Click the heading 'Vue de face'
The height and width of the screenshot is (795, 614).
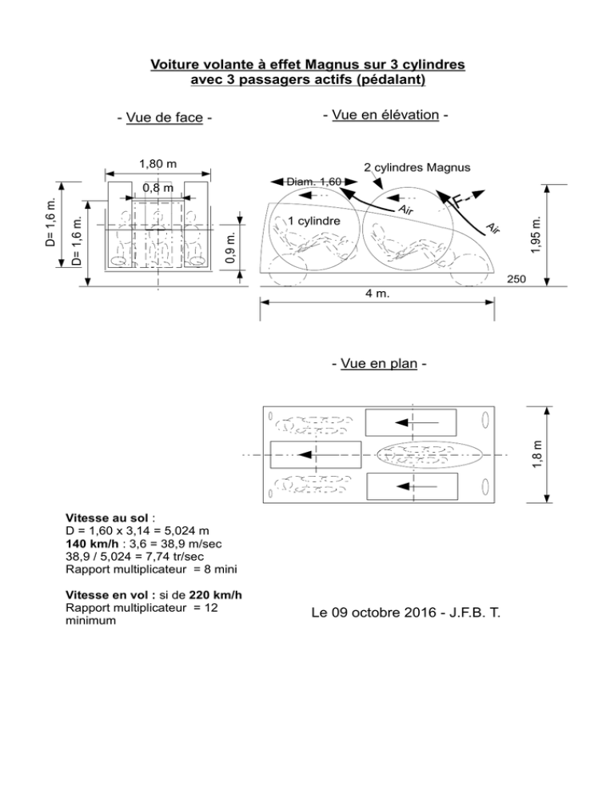point(164,118)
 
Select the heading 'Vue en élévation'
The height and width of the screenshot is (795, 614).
point(385,115)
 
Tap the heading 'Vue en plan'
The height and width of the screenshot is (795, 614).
point(379,364)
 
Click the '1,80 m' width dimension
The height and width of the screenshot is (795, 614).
point(158,164)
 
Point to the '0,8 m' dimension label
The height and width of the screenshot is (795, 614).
point(157,188)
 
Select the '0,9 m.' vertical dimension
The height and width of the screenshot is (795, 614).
point(229,248)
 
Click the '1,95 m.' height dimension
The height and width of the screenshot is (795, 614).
point(536,235)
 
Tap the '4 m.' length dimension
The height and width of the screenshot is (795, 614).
point(377,294)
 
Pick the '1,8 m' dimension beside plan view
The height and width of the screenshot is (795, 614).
point(537,454)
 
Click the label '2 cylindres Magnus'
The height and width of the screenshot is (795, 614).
point(417,167)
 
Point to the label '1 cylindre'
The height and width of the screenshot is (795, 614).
point(314,221)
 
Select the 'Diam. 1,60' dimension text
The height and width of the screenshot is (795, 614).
point(314,182)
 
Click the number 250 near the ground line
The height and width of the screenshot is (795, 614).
point(516,279)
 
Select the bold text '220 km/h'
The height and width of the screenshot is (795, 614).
point(216,595)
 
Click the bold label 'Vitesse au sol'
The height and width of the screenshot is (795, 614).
point(107,518)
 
